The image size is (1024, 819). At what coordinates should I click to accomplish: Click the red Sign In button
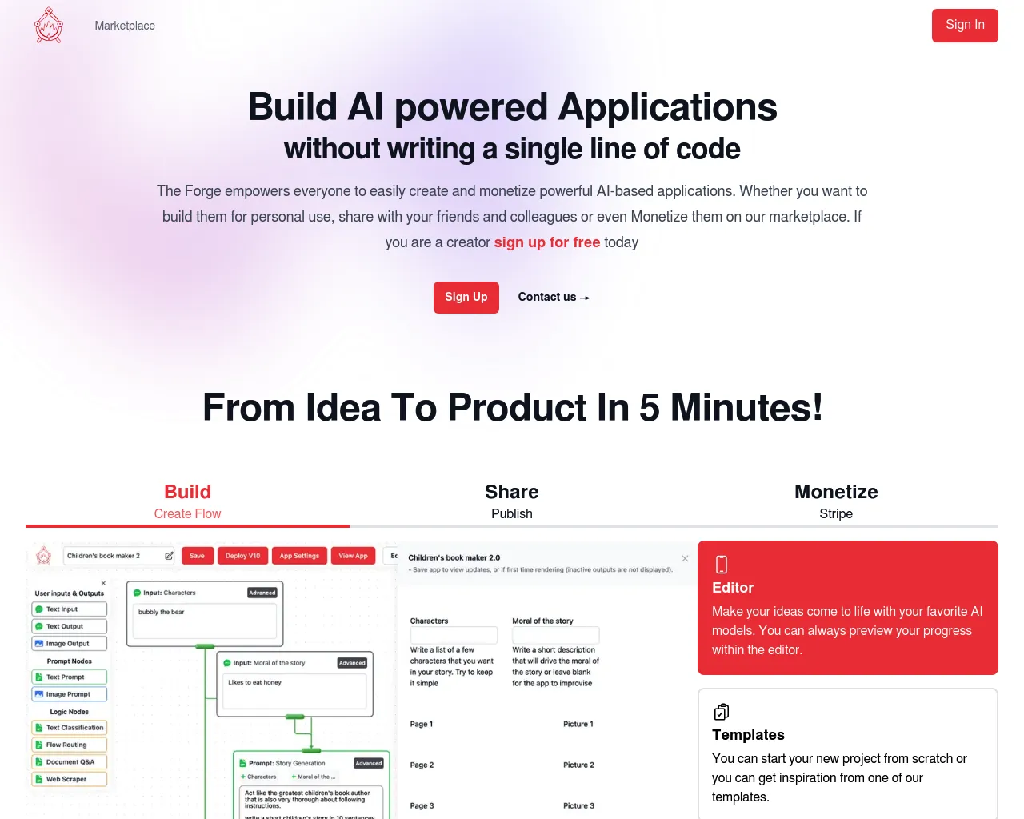click(964, 26)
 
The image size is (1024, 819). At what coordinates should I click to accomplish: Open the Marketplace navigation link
click(125, 26)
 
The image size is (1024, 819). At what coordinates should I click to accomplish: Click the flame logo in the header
click(49, 26)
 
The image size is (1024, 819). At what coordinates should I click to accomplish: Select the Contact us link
click(554, 297)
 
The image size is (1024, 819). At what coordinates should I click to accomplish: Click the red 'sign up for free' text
click(546, 242)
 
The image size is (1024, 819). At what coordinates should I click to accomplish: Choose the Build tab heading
click(187, 492)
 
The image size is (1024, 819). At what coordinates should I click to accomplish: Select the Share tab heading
click(511, 492)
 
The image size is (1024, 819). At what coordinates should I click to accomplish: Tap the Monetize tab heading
click(836, 492)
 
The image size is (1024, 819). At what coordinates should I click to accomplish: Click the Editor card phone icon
click(721, 565)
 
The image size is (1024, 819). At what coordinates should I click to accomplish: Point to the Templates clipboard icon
click(721, 712)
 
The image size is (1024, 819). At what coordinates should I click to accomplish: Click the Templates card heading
click(748, 735)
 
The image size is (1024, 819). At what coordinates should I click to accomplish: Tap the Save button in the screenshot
click(197, 556)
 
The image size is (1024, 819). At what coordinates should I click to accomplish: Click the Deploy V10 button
click(242, 556)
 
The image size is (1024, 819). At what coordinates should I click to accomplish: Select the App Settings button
click(299, 556)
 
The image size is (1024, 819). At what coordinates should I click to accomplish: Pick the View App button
click(353, 556)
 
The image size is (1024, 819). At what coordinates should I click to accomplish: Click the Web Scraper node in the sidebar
click(69, 779)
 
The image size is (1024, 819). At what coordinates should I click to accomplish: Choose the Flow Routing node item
click(69, 745)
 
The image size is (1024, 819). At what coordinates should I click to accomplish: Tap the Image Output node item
click(69, 644)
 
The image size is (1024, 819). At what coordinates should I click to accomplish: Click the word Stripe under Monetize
click(836, 513)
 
